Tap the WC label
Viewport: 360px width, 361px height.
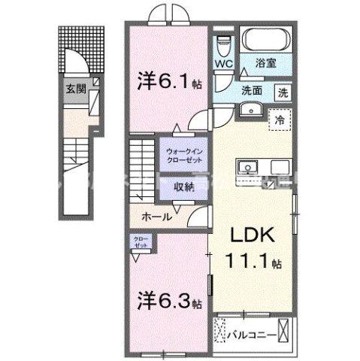pyautogui.click(x=224, y=64)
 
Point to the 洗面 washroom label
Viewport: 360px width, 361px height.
pyautogui.click(x=251, y=91)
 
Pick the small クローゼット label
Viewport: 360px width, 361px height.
pyautogui.click(x=141, y=241)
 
